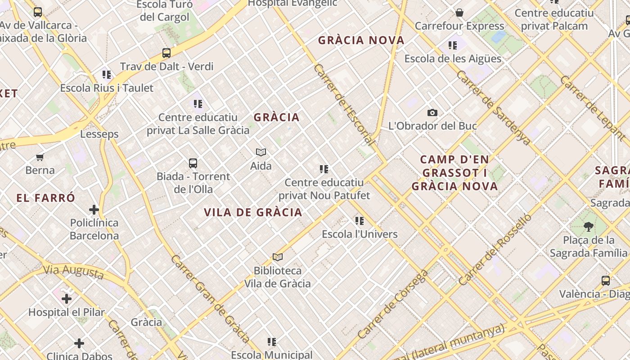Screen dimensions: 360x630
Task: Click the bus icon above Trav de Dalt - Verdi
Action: [x=166, y=53]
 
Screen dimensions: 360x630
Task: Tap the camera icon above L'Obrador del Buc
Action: [x=432, y=112]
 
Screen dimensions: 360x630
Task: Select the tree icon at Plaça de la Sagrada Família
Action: [x=588, y=226]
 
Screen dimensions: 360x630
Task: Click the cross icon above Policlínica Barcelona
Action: [x=94, y=210]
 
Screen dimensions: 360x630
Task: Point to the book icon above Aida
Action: [x=261, y=152]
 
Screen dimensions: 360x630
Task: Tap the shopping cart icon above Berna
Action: [x=40, y=157]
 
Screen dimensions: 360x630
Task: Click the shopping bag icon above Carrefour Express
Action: [x=459, y=13]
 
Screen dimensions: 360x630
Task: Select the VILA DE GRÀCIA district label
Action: [x=253, y=212]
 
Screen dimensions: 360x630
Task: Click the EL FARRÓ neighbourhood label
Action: [x=46, y=198]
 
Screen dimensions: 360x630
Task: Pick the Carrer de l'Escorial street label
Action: [x=345, y=105]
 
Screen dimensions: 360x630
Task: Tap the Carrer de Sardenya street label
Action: [x=493, y=107]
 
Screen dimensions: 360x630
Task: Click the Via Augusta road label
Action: [x=74, y=272]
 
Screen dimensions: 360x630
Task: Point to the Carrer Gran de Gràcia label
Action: [x=210, y=298]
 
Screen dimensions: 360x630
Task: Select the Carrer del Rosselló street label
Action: [x=495, y=250]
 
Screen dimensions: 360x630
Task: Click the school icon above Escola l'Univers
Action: [x=360, y=221]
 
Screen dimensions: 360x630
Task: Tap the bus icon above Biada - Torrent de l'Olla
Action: [x=193, y=163]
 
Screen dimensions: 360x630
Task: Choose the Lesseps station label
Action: [x=99, y=134]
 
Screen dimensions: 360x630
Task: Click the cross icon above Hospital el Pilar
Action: [x=67, y=299]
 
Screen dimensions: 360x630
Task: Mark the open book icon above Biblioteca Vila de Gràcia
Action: [x=278, y=257]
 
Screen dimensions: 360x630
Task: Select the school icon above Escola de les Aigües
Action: [x=453, y=45]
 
